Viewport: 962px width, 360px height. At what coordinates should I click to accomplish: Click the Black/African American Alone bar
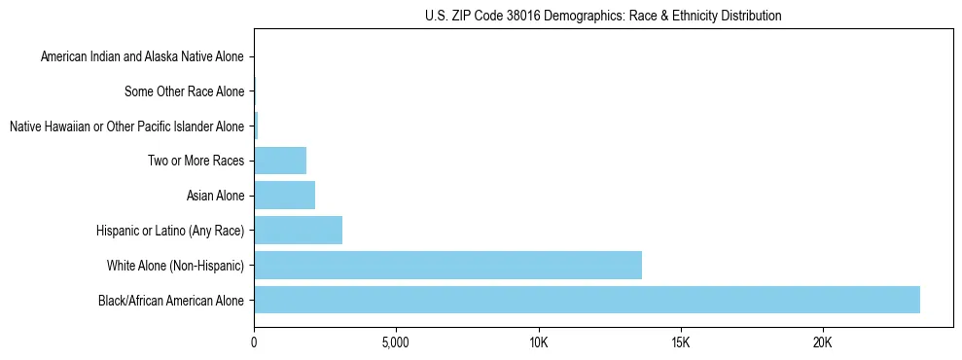587,300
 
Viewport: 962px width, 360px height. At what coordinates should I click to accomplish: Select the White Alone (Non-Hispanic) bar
447,265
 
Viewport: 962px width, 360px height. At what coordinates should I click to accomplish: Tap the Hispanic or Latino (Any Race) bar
298,231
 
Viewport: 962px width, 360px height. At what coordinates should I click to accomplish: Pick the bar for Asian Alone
284,196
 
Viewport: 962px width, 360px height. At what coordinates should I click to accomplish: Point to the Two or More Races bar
280,161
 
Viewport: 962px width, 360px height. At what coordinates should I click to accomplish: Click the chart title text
603,16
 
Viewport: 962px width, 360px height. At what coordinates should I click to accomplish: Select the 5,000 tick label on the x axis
396,343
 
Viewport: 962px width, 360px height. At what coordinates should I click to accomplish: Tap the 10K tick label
538,343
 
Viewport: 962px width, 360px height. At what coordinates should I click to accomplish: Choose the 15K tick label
680,343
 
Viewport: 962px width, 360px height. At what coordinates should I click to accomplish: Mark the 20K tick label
822,343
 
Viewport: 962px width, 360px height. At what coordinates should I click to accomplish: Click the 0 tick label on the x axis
254,343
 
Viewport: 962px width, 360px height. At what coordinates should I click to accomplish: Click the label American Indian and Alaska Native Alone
142,57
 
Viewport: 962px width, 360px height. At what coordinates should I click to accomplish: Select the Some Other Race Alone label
184,92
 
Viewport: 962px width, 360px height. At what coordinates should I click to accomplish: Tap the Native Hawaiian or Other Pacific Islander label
126,126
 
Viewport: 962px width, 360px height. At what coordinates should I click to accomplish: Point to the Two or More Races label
196,162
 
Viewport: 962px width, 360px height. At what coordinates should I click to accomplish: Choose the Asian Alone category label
215,197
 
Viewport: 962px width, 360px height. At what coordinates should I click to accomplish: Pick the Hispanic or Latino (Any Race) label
170,231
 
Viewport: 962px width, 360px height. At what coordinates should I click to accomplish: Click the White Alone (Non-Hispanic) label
175,266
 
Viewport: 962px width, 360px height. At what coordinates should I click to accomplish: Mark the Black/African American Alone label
170,301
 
